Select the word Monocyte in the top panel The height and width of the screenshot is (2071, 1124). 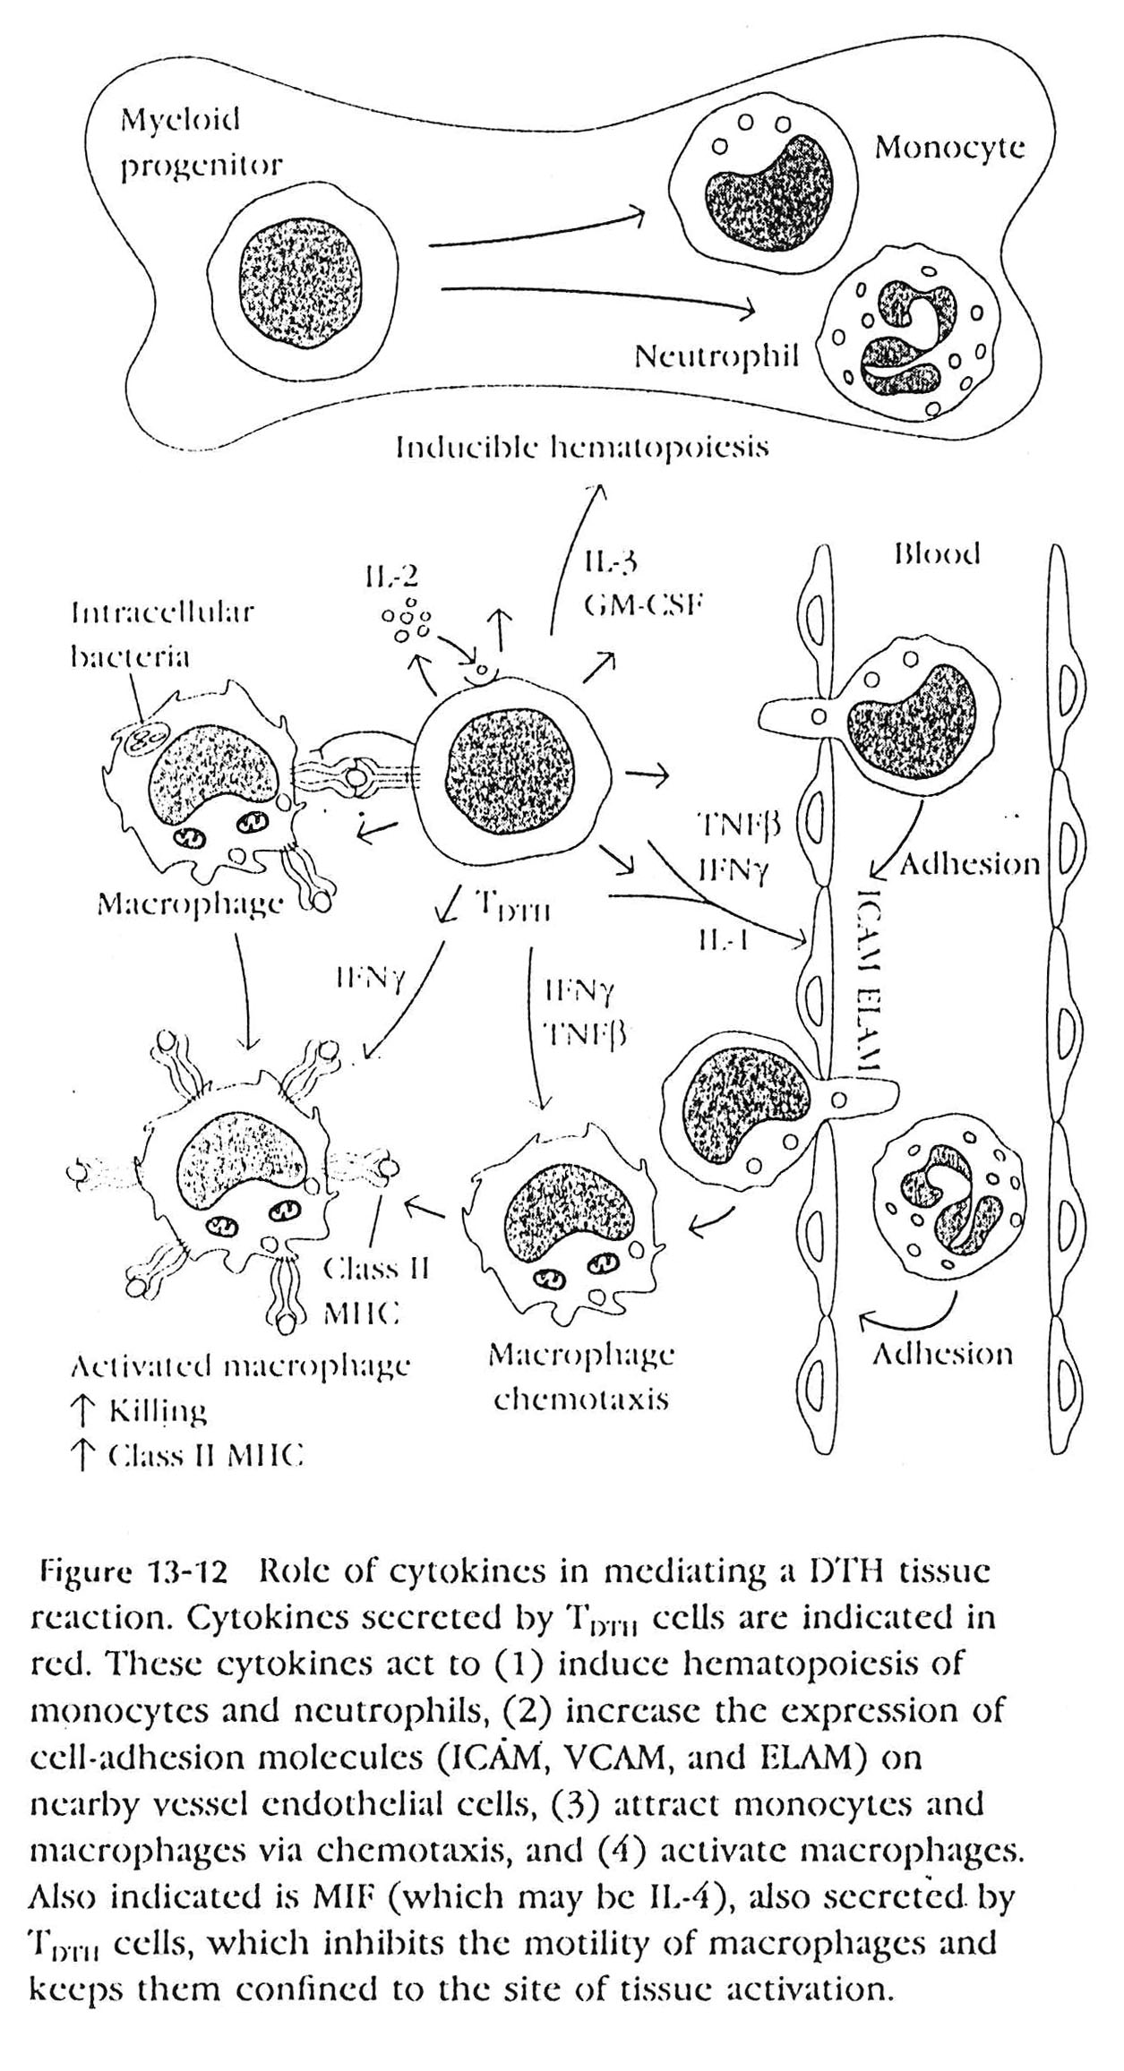[x=949, y=148]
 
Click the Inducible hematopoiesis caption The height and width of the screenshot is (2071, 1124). [x=583, y=448]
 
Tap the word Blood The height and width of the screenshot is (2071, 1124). [x=938, y=554]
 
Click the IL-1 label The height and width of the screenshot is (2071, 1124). [x=718, y=938]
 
